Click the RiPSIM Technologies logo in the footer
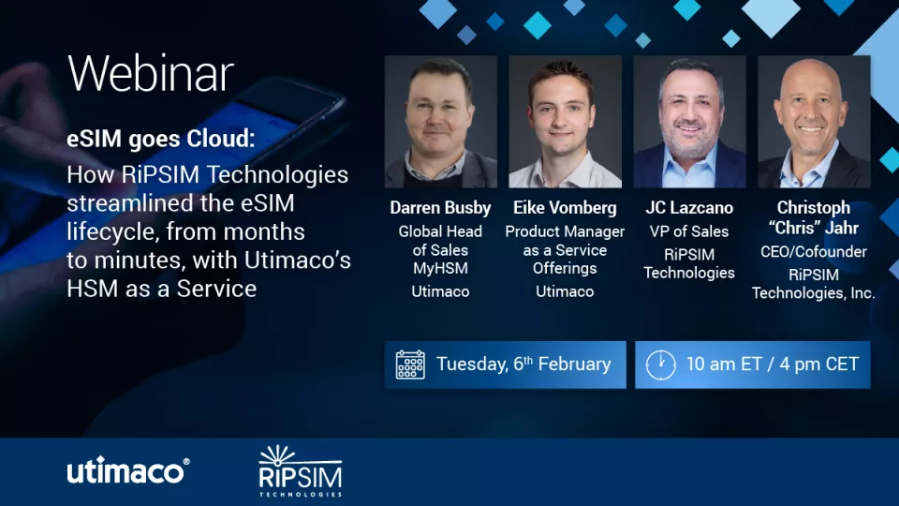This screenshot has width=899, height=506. tap(300, 471)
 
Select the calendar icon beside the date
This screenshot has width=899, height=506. tap(410, 365)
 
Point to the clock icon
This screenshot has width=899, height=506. tap(660, 365)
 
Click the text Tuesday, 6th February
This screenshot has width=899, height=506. tap(523, 365)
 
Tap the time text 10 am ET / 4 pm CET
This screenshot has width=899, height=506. tap(772, 365)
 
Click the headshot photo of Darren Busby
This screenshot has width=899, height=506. tap(440, 122)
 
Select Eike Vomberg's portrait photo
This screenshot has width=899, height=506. tap(565, 122)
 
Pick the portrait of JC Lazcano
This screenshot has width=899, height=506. tap(689, 122)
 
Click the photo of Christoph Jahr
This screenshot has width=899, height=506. tap(814, 122)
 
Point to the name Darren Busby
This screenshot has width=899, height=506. tap(440, 208)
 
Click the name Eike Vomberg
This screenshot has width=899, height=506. tap(565, 208)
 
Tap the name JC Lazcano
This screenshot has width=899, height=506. tap(689, 208)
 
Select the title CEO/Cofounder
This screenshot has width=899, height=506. tap(814, 251)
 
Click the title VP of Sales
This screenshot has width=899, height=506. tap(689, 231)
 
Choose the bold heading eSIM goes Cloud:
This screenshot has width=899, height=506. tap(160, 140)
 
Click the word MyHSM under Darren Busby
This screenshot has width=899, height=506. tap(440, 269)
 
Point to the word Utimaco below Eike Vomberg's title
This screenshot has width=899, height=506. tap(565, 291)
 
